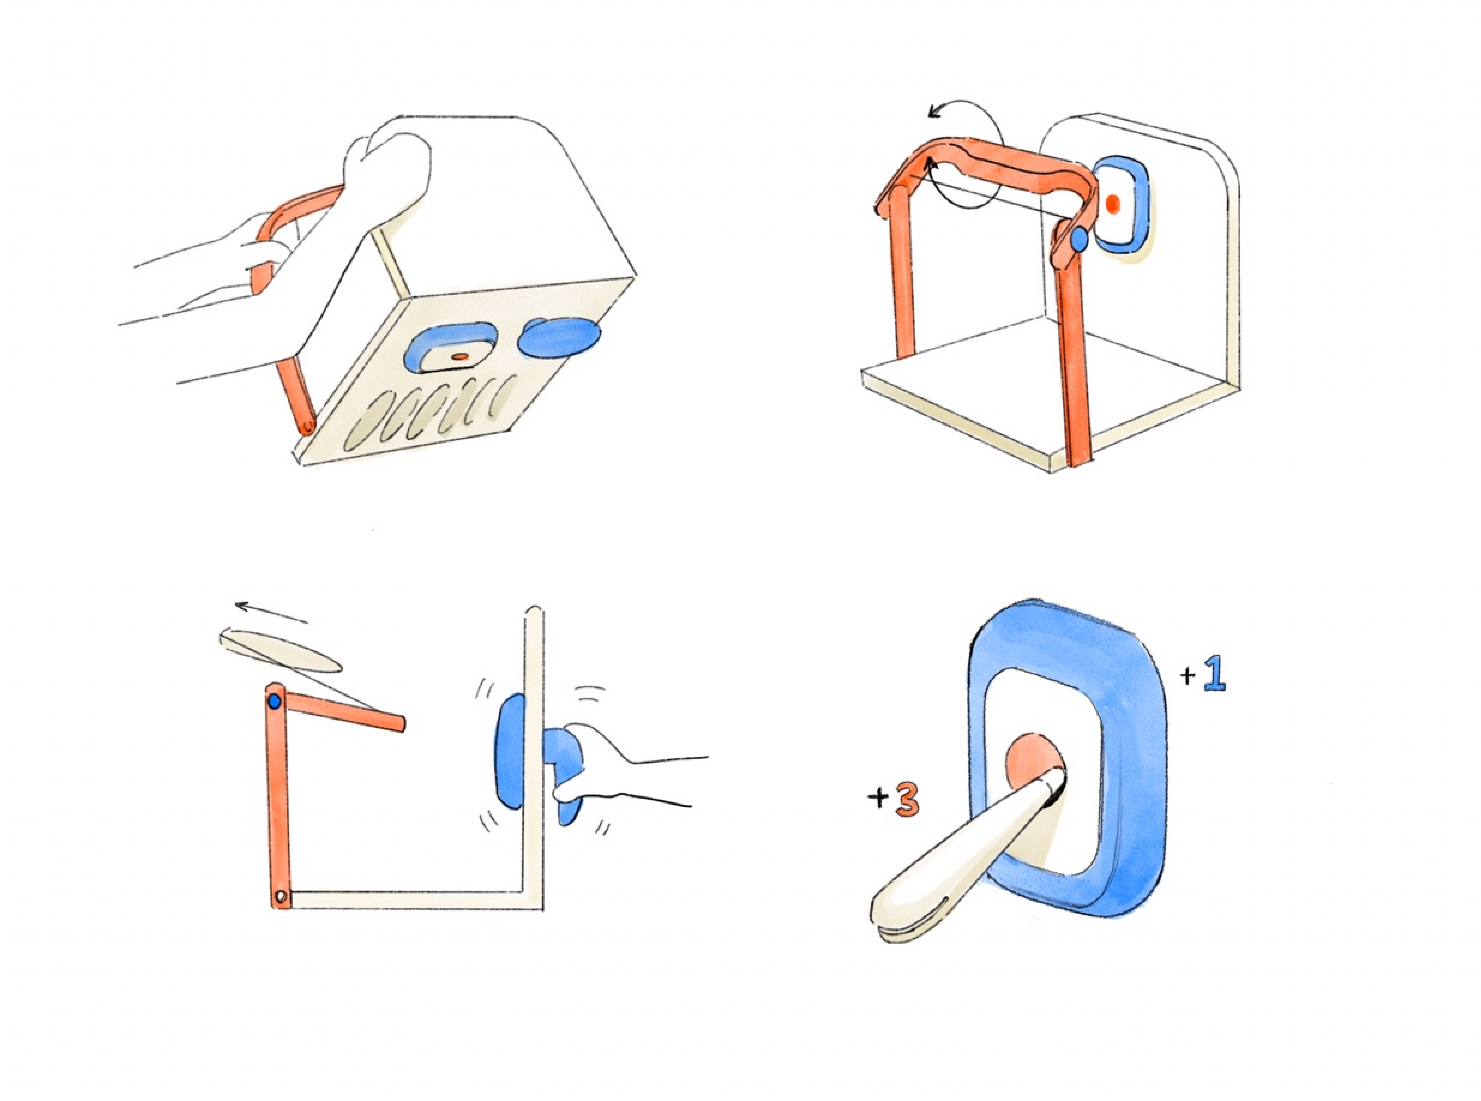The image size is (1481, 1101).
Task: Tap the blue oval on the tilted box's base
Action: point(559,337)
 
